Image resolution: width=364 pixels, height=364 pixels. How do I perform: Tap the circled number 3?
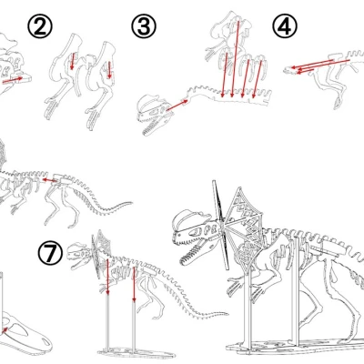pyautogui.click(x=143, y=26)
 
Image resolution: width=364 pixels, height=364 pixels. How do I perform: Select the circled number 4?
pyautogui.click(x=285, y=26)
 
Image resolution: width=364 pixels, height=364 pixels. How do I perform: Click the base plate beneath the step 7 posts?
pyautogui.click(x=136, y=349)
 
